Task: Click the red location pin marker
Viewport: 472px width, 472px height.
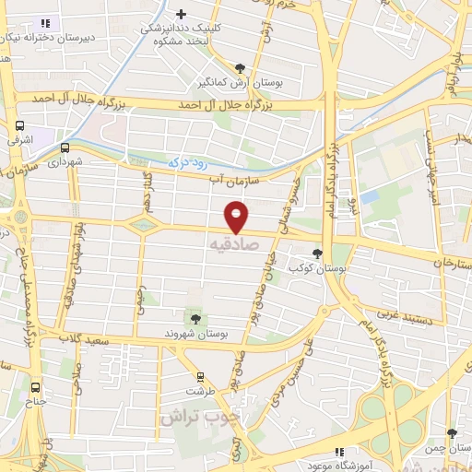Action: (238, 216)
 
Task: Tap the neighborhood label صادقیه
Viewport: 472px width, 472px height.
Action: (229, 245)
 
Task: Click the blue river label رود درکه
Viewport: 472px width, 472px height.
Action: (191, 161)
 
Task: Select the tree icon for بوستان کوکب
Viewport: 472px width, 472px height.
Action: (318, 253)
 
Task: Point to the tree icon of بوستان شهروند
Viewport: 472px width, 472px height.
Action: (195, 318)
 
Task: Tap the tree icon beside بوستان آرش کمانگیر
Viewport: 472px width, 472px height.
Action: (241, 68)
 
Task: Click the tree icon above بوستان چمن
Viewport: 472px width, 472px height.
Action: (451, 432)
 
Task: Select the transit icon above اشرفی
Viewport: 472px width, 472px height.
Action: (19, 126)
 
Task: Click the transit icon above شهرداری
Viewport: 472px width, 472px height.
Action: (65, 147)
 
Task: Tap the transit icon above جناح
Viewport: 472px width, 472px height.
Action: (37, 387)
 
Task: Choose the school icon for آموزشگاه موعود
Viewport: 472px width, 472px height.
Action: (338, 452)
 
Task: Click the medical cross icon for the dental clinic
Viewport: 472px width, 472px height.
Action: (182, 14)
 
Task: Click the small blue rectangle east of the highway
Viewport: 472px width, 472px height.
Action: (370, 196)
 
